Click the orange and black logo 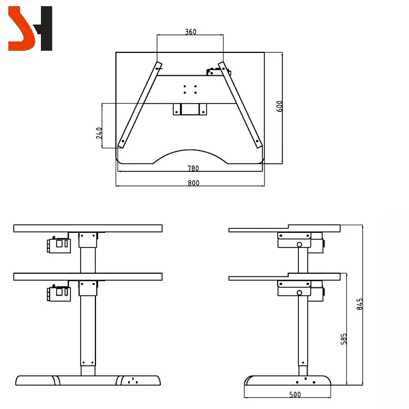point(30,28)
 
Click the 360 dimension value point(190,32)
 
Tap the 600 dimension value point(280,106)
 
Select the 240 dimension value point(99,133)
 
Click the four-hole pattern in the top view point(190,89)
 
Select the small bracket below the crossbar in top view point(190,109)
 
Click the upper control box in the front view point(58,245)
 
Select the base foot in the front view point(88,381)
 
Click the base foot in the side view point(287,380)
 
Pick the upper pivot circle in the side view point(299,245)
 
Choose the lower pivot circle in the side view point(299,293)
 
